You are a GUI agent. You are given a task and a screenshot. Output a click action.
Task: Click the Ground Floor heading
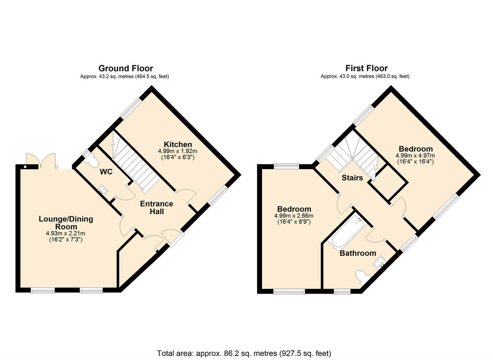(x=125, y=68)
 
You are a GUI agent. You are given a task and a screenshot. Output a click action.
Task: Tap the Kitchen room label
(x=178, y=144)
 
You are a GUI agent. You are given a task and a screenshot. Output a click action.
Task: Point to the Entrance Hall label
(x=157, y=208)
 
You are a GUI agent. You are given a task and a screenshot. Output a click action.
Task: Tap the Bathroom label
(x=357, y=253)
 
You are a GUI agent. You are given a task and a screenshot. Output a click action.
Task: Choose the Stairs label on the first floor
(x=352, y=178)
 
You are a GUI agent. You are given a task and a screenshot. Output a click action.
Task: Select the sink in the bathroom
(x=380, y=261)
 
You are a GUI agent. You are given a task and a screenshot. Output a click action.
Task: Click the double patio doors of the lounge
(x=41, y=161)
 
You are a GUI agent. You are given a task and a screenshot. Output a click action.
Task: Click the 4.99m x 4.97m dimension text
(x=415, y=156)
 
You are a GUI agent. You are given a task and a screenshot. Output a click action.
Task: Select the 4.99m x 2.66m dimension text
(x=294, y=216)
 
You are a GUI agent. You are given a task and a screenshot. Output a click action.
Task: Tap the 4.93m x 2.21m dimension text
(x=66, y=234)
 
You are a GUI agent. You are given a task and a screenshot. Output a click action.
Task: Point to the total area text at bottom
(x=244, y=353)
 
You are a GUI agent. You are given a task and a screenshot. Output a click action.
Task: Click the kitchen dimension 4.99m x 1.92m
(x=178, y=151)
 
